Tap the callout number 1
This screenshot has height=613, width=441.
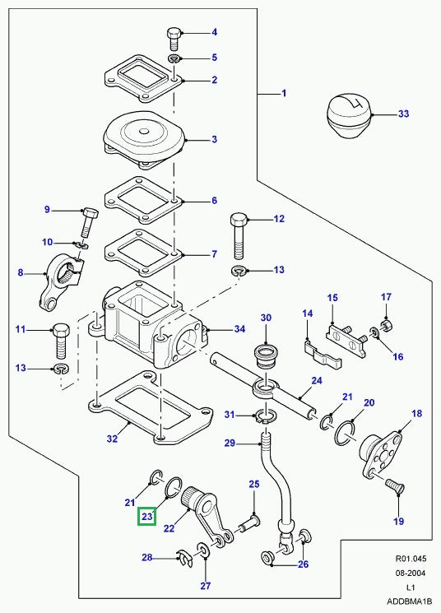(284, 94)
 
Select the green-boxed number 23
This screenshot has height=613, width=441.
(148, 517)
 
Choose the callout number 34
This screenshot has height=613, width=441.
(239, 330)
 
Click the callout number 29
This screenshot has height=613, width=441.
(230, 443)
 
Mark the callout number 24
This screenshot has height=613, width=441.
(315, 380)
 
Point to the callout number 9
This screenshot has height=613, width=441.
(48, 210)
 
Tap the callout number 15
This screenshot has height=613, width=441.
(332, 298)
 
